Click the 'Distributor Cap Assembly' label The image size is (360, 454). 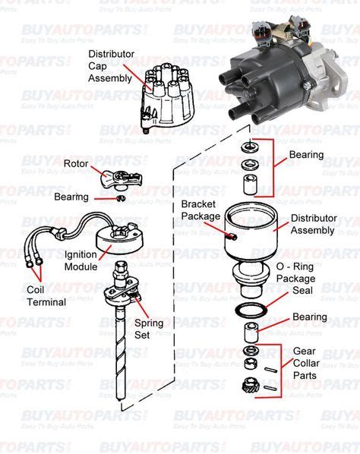click(111, 66)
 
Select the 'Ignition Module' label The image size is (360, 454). click(81, 260)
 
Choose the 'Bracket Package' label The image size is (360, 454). click(200, 210)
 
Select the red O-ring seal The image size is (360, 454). click(250, 311)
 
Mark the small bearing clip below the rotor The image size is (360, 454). click(120, 199)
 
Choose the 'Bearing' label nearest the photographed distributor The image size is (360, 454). click(306, 155)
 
